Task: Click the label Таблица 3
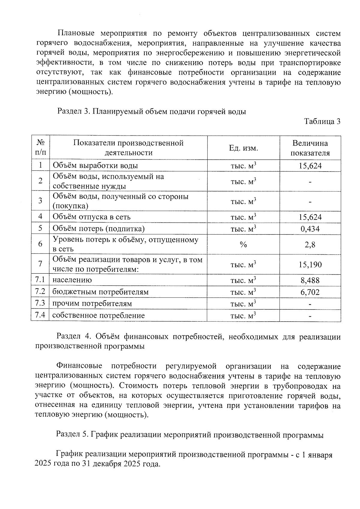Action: click(322, 121)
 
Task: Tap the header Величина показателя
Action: click(310, 148)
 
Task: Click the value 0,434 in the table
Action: click(310, 229)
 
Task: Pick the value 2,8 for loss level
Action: click(310, 244)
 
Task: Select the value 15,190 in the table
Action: click(310, 265)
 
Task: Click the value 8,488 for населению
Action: click(310, 280)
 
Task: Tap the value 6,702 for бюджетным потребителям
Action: click(310, 292)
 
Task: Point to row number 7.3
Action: click(40, 303)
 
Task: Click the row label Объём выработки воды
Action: click(95, 166)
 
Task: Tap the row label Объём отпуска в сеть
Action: click(91, 217)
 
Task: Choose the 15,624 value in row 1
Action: click(310, 166)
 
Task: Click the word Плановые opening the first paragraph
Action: click(76, 33)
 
